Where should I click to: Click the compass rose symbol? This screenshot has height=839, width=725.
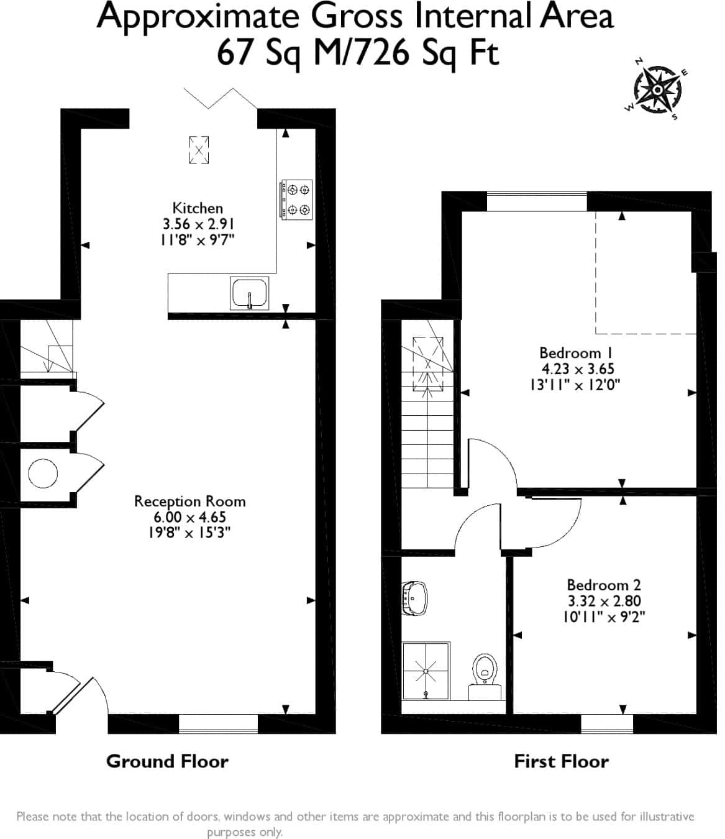(658, 89)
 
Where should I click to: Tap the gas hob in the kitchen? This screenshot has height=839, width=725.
(296, 199)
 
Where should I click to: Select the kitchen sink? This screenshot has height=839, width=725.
(250, 293)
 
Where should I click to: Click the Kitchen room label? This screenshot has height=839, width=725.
(198, 208)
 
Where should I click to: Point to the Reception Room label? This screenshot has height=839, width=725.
(190, 502)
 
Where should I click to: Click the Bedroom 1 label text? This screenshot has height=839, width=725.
(576, 353)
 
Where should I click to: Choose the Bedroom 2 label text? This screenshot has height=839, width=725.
(604, 585)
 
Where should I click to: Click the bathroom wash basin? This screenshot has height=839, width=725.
(414, 598)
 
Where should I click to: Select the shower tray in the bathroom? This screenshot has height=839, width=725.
(426, 671)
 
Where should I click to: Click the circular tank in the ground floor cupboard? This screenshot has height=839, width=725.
(43, 474)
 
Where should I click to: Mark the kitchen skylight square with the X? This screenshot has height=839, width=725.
(199, 150)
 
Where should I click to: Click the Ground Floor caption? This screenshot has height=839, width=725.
(167, 761)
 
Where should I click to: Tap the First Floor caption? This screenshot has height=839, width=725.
(562, 761)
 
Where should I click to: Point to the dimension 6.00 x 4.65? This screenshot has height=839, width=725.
(190, 517)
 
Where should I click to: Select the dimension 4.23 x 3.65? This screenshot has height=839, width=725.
(578, 369)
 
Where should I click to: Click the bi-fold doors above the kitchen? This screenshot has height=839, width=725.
(221, 98)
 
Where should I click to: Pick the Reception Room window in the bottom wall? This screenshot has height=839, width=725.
(218, 723)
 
